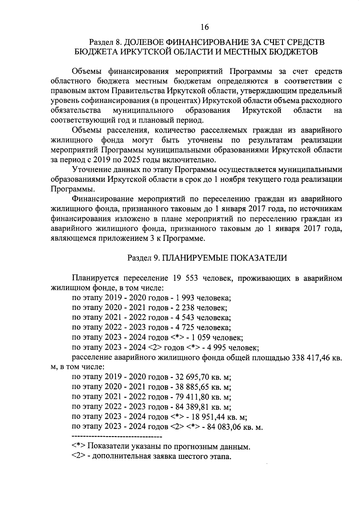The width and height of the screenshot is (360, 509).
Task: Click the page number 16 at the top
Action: coord(205,27)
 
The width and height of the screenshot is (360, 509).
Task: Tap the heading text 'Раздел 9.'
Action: coord(144,258)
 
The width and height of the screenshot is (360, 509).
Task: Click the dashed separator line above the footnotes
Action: coord(117,436)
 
